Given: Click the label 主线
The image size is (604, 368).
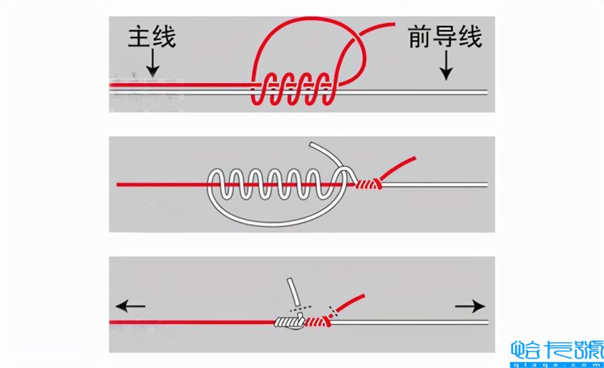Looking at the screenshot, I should pos(152,37).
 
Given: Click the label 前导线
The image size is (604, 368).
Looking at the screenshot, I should pos(445,37).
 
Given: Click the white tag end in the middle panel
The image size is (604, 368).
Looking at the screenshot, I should pos(327,151).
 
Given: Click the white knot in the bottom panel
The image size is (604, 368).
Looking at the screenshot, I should pos(289,323).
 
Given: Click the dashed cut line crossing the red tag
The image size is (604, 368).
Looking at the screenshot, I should pos(333,309).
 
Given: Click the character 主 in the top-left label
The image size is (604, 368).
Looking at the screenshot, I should pos(138,37).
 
